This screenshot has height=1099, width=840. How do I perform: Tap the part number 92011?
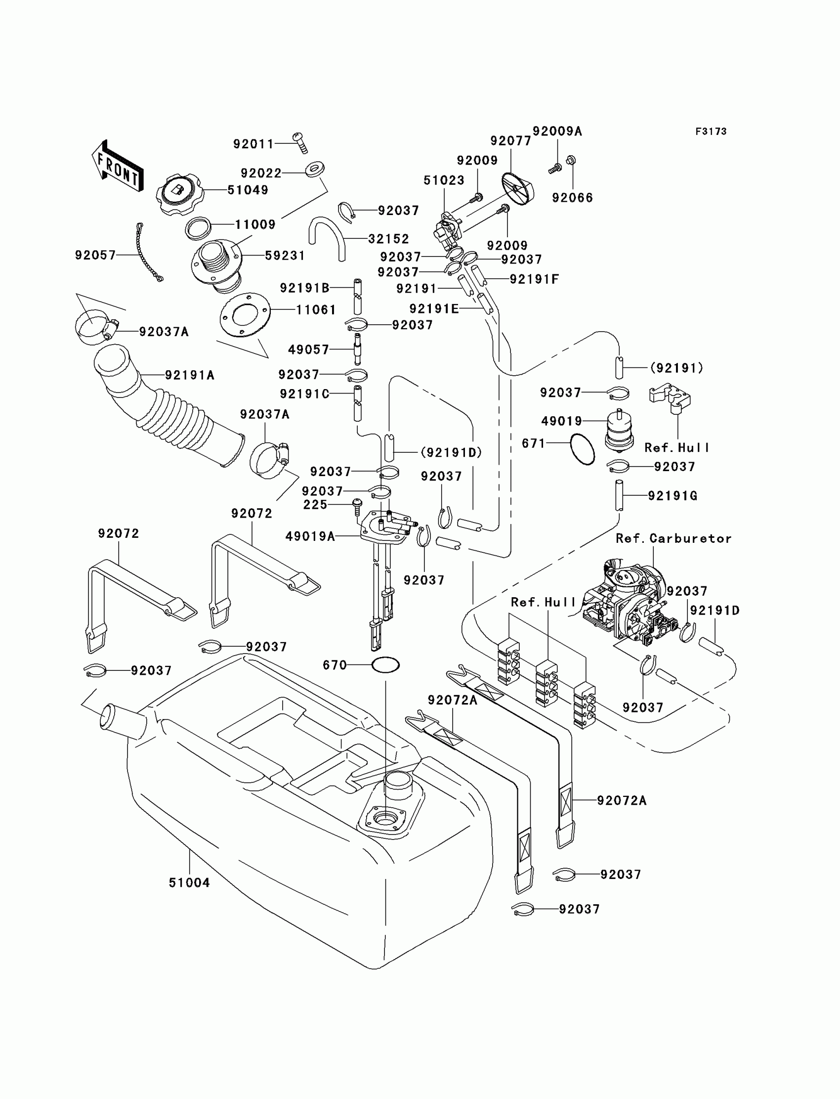click(253, 144)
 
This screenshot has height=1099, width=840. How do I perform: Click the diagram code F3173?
click(711, 132)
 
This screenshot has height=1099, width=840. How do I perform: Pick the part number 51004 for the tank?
click(189, 882)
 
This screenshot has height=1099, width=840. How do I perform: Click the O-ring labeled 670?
click(385, 665)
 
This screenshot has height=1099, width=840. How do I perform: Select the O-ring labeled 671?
click(583, 449)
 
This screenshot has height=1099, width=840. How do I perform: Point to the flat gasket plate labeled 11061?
click(245, 314)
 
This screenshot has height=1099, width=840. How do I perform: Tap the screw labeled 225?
click(357, 506)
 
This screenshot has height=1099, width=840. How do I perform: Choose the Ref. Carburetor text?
click(673, 539)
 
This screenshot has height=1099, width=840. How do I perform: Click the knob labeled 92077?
click(517, 188)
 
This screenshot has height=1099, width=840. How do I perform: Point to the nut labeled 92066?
click(571, 160)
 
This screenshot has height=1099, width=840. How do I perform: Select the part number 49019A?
click(310, 536)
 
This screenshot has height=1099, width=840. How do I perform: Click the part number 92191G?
click(672, 496)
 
